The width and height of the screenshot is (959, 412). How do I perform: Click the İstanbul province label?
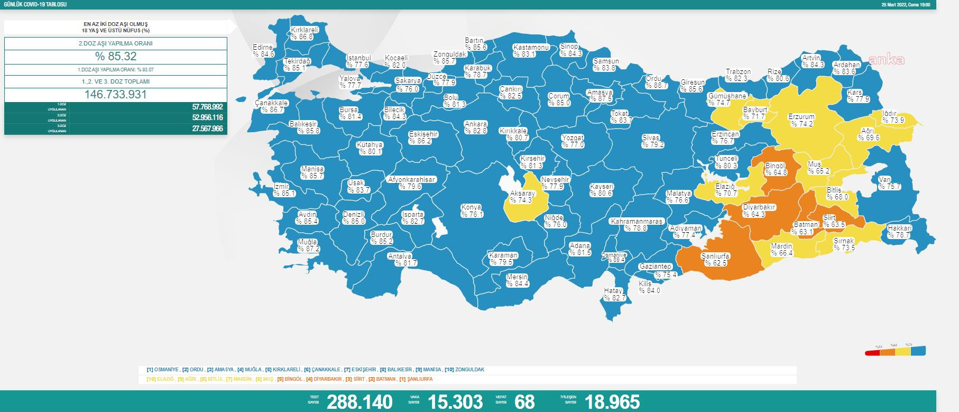pos(358,61)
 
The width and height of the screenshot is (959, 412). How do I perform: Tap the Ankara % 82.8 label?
pos(475,127)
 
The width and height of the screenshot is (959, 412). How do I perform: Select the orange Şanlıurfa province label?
pos(715,259)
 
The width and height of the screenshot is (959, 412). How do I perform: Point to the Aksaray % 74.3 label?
pos(522,197)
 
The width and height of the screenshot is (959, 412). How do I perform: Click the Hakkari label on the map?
pos(900,232)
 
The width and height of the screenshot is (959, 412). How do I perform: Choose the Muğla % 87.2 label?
pos(308,245)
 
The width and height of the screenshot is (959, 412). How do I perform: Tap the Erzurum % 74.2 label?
pos(801,121)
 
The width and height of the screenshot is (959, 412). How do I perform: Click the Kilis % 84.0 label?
pos(649,287)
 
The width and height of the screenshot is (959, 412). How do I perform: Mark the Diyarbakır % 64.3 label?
pos(759,210)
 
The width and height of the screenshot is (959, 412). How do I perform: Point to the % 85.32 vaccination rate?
pos(116,57)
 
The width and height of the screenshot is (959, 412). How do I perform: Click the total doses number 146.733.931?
pos(116,95)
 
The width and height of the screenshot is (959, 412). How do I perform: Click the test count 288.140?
pos(359,402)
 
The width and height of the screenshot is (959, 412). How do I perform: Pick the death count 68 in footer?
pos(524,402)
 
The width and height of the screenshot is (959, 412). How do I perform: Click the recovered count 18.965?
pos(608,402)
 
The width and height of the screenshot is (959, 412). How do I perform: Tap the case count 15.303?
pos(455,402)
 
